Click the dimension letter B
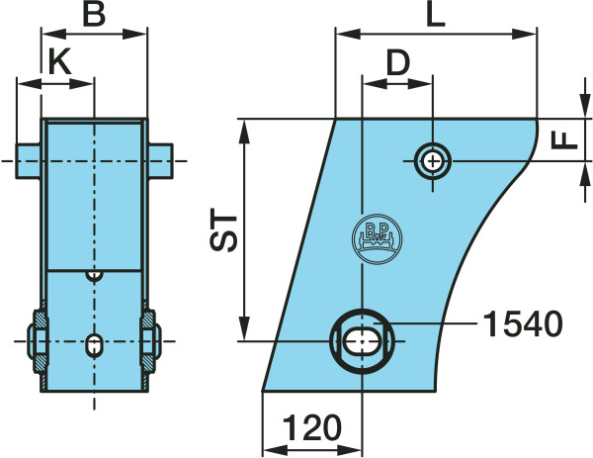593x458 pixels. coord(94,15)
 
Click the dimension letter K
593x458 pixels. coord(60,62)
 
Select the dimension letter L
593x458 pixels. coord(435,15)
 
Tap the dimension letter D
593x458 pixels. coord(398,62)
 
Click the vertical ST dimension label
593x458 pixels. coord(223,229)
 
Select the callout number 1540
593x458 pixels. coord(523,324)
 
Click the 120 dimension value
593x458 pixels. coord(312,427)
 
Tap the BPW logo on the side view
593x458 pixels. coord(377,238)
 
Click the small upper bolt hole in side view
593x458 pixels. coord(433,161)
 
